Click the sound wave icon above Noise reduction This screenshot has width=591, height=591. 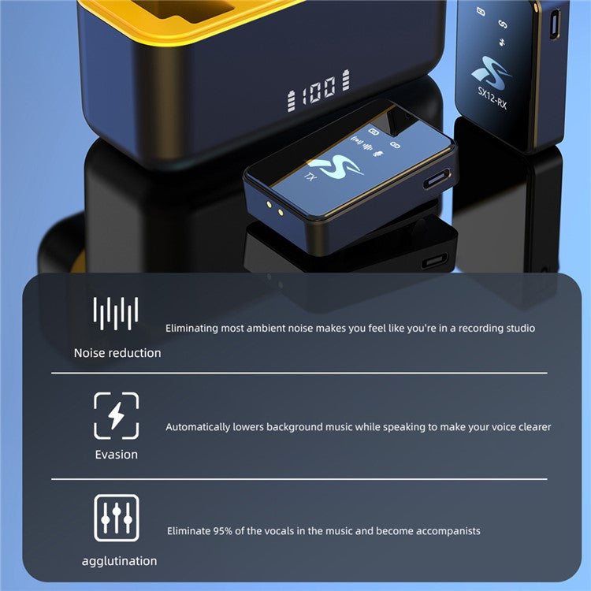point(116,313)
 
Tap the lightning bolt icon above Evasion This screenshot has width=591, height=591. point(116,415)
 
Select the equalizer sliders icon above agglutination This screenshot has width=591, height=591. point(117,518)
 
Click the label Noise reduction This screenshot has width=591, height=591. point(117,353)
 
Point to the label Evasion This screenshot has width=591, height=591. point(116,455)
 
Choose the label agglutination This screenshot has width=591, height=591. point(119,561)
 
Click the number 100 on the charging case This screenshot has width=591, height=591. point(318,91)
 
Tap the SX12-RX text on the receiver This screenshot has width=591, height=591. point(492,98)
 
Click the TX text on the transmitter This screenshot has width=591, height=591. point(310,176)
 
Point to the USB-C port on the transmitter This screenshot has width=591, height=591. point(437,179)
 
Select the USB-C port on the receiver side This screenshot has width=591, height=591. point(555,24)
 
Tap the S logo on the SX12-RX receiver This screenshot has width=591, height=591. point(491,72)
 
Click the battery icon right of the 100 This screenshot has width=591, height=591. point(346,80)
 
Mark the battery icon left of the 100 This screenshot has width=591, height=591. point(291,101)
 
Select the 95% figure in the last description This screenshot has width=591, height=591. point(223,531)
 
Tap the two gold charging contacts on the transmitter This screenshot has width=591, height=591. point(275,209)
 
